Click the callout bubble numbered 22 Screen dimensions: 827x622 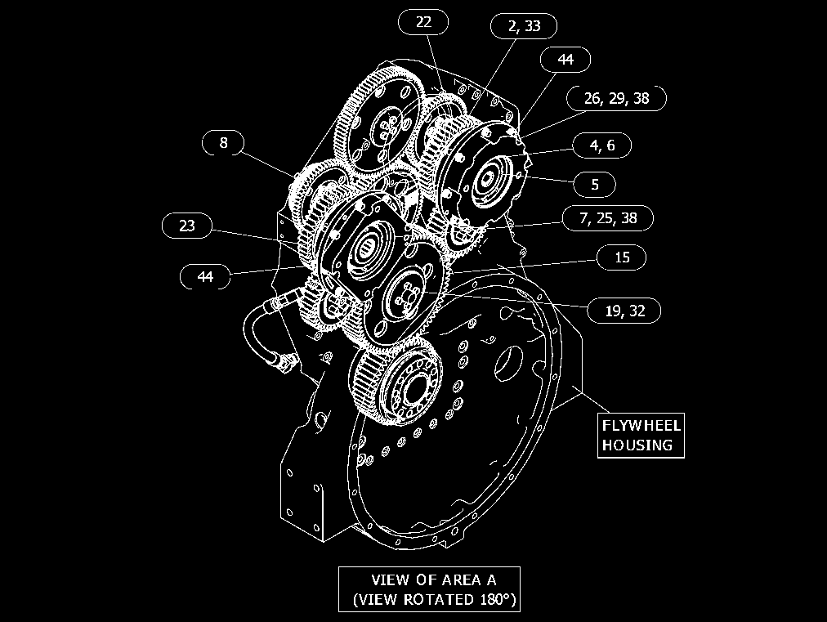point(423,22)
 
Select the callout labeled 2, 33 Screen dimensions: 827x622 point(524,26)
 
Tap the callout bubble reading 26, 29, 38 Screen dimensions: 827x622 point(616,98)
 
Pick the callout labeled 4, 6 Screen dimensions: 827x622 point(601,145)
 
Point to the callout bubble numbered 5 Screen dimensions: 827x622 point(594,184)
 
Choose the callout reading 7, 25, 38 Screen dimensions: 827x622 point(608,218)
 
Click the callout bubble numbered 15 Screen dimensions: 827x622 point(622,257)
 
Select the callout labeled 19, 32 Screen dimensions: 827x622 point(624,311)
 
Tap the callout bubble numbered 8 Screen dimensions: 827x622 point(223,142)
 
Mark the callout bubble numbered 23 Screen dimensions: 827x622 point(186,226)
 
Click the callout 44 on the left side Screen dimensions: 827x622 point(205,276)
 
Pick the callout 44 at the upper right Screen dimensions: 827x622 point(565,59)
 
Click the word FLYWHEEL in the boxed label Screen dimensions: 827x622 point(641,426)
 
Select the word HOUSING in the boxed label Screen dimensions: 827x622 point(637,445)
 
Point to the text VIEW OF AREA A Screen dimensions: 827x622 point(434,580)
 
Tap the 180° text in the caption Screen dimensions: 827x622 point(498,599)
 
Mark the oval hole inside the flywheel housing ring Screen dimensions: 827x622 point(508,364)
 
